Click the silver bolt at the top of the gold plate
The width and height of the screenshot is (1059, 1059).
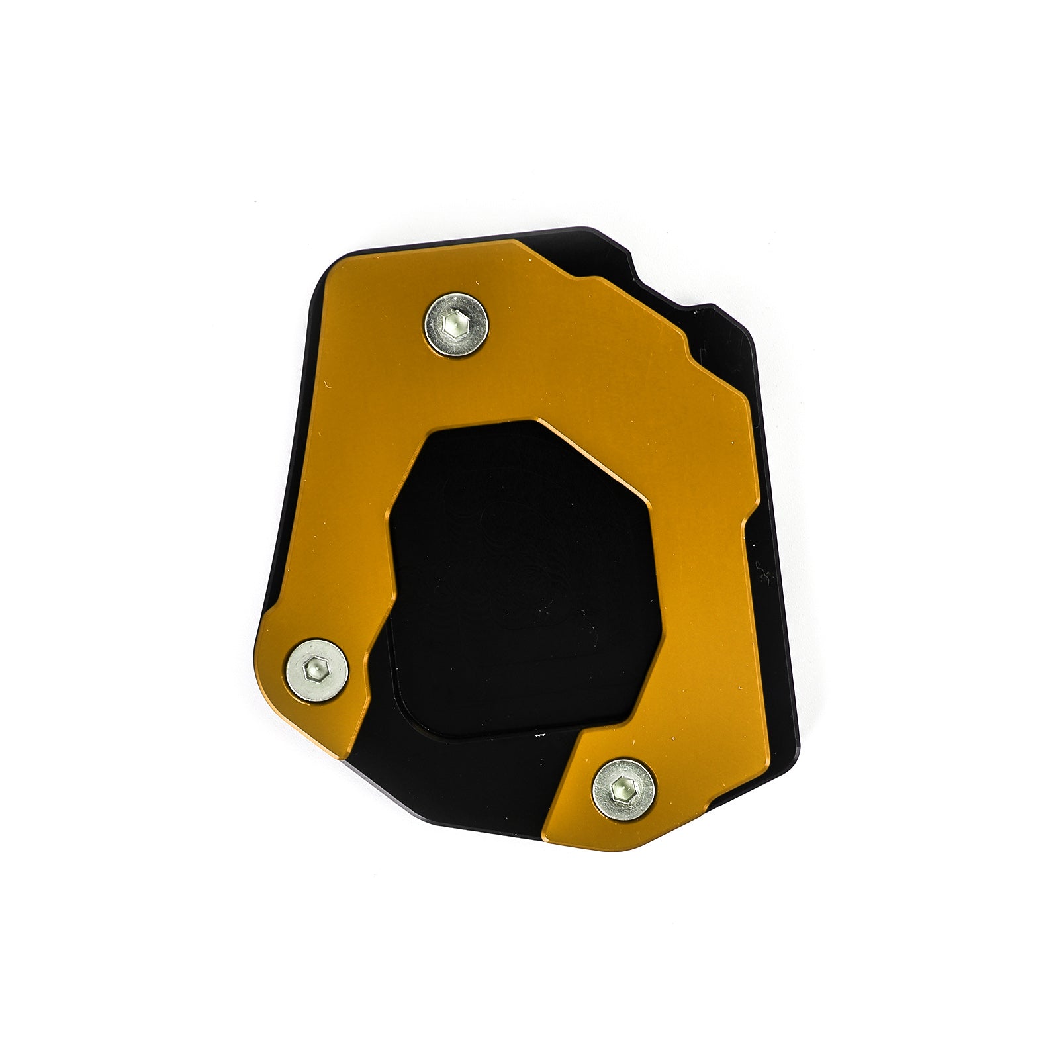(456, 324)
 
